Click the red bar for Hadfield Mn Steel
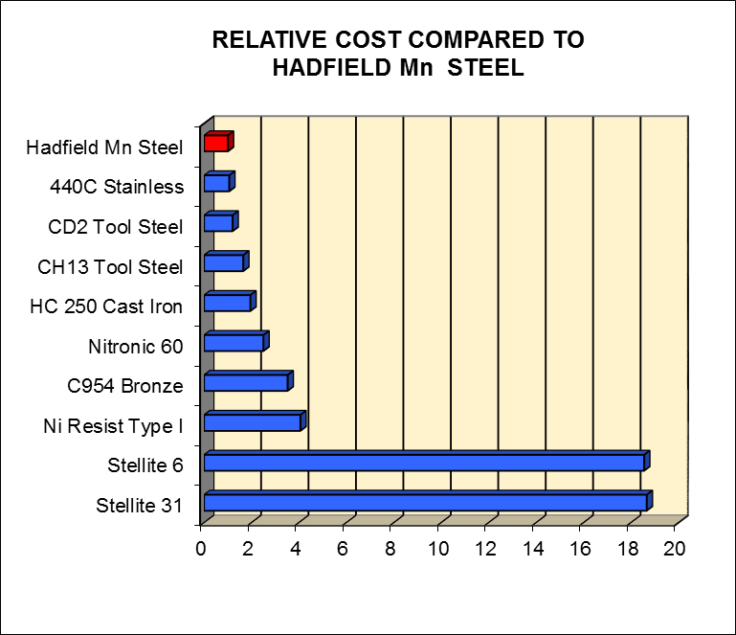[x=216, y=143]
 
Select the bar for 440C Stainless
[x=217, y=183]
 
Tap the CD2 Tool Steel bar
[x=219, y=223]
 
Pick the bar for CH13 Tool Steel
[x=224, y=263]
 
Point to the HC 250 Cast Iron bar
[x=228, y=303]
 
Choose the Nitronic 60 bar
[x=234, y=343]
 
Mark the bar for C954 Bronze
[x=246, y=382]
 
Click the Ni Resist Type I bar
[x=253, y=422]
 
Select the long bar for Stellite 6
[x=424, y=462]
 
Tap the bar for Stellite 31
[x=426, y=502]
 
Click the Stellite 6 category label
[x=145, y=465]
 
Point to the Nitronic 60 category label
[x=136, y=346]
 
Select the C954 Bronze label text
[x=125, y=386]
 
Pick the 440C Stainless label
[x=117, y=187]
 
